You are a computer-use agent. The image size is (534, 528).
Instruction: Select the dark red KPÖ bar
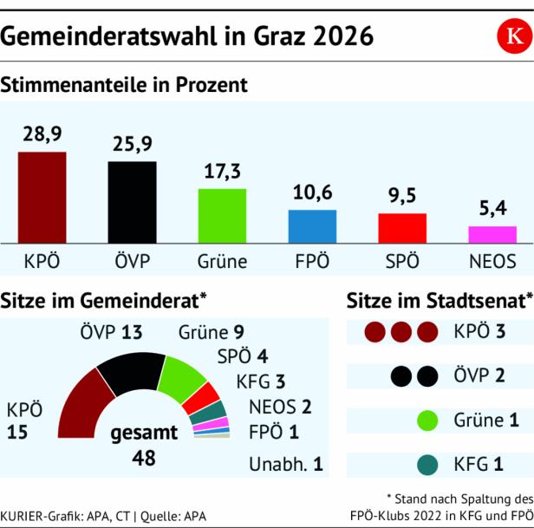coord(42,198)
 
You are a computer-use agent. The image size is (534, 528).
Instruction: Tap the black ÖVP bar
coord(132,202)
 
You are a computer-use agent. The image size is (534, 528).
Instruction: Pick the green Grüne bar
coord(222,216)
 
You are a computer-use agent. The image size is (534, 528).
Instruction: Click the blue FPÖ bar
coord(312,226)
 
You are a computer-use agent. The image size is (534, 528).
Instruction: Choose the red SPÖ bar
coord(402,228)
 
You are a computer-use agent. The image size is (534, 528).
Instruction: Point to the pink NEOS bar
coord(492,234)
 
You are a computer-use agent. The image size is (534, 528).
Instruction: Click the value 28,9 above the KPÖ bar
coord(42,134)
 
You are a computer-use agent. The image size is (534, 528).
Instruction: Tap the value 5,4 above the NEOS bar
coord(492,209)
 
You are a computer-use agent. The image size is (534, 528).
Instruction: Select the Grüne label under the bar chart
coord(222,261)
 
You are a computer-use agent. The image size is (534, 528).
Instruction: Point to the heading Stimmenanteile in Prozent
coord(125,85)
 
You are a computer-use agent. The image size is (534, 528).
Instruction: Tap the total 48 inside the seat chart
coord(143,457)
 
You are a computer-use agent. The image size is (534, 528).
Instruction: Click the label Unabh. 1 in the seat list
coord(285,464)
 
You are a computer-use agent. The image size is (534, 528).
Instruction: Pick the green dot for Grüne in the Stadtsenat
coord(426,421)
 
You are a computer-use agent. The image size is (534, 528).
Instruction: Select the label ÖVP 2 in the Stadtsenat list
coord(477,376)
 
